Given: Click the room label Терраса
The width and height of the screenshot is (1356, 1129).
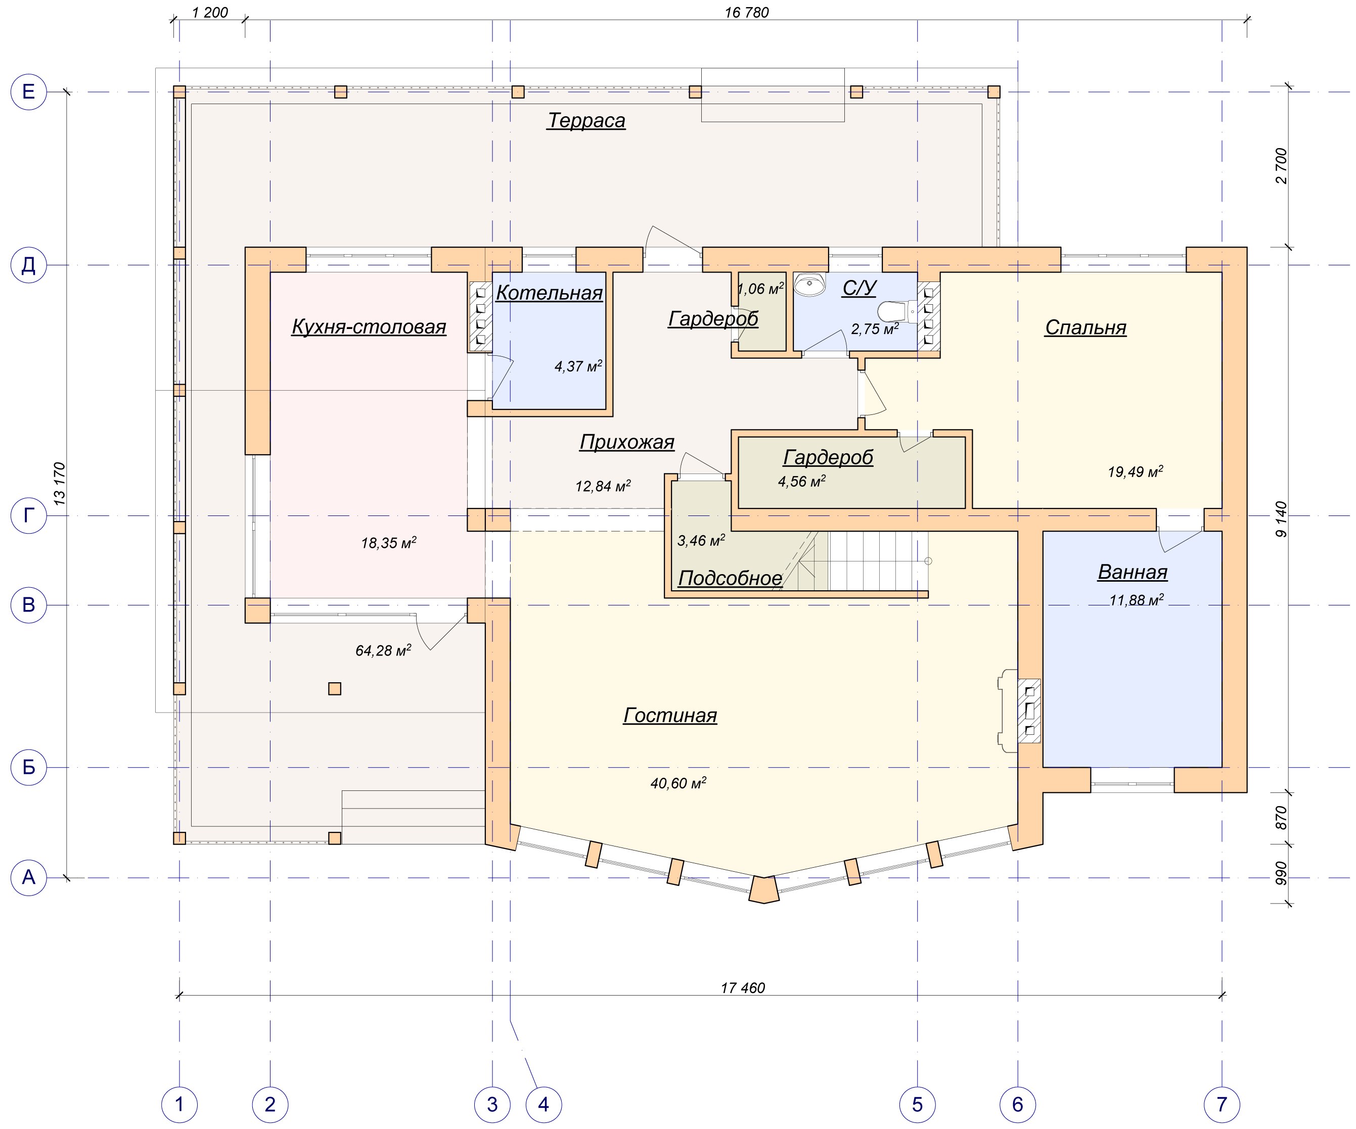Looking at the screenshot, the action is (586, 121).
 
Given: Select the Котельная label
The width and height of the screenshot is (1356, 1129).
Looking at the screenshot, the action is (550, 293).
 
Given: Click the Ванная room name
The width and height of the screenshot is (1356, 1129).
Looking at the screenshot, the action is (1133, 572).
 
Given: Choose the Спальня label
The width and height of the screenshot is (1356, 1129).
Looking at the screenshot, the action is (1086, 327).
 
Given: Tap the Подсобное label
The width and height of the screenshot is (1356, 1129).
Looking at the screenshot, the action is (730, 578).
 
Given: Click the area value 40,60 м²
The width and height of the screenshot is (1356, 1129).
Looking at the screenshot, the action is (678, 783).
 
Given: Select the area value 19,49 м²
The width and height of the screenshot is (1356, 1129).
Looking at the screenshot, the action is (1135, 472).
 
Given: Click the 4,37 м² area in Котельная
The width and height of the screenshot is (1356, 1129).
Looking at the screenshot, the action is (578, 366).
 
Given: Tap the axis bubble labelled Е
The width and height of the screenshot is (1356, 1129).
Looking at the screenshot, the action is (29, 92).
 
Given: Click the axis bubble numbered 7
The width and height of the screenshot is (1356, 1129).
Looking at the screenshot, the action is (1222, 1104).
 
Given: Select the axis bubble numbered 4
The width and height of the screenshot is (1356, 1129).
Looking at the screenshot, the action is (544, 1104).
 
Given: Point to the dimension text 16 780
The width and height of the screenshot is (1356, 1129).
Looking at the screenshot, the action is (747, 12).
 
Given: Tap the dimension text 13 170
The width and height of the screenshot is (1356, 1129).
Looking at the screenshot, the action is (59, 484).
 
